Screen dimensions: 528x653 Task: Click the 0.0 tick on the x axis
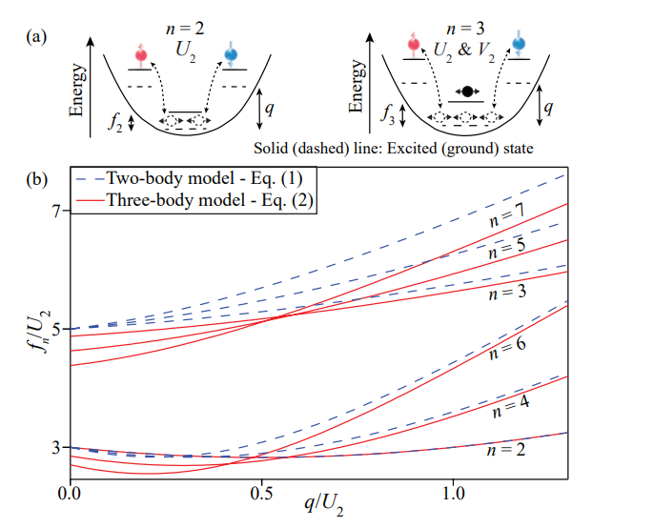(x=69, y=496)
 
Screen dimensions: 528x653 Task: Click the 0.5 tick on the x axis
(x=260, y=496)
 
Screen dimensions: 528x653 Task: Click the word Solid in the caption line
(x=275, y=149)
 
